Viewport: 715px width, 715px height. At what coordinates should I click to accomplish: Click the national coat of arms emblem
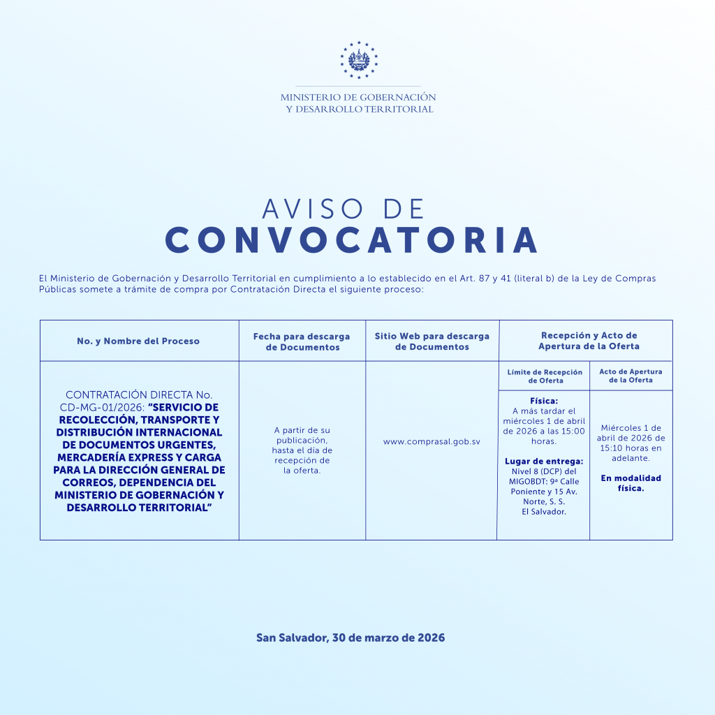tap(358, 60)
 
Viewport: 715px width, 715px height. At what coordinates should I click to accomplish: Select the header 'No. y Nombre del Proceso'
tap(138, 341)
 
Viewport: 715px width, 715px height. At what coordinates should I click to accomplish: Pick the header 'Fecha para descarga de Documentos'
tap(302, 341)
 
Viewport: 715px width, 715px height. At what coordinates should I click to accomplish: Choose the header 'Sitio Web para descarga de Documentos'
tap(432, 341)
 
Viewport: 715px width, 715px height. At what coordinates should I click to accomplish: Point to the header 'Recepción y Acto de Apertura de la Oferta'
tap(589, 341)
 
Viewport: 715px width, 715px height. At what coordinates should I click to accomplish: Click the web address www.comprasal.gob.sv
tap(432, 442)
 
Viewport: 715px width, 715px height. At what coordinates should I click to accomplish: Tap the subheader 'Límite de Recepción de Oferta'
tap(545, 376)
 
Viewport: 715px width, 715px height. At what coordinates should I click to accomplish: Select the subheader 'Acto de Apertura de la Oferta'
tap(631, 376)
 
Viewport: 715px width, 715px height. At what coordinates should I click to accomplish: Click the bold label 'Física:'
tap(544, 401)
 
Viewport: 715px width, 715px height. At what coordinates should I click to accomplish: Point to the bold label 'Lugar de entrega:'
tap(544, 461)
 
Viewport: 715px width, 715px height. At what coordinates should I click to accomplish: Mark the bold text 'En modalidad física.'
tap(631, 483)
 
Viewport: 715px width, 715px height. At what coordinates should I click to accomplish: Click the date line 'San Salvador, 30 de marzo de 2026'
tap(351, 637)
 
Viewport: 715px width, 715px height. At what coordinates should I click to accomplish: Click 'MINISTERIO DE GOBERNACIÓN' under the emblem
tap(358, 98)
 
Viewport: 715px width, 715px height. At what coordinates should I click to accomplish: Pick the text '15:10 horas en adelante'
tap(631, 453)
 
